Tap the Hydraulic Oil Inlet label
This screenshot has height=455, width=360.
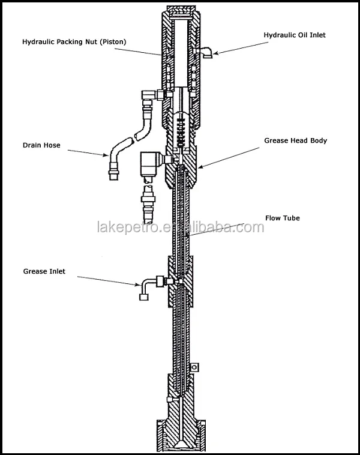click(295, 35)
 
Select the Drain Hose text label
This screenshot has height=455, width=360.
click(41, 145)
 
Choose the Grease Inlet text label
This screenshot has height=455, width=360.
click(44, 271)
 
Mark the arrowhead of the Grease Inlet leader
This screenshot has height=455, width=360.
click(139, 283)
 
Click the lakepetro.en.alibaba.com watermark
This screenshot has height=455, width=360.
click(180, 227)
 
